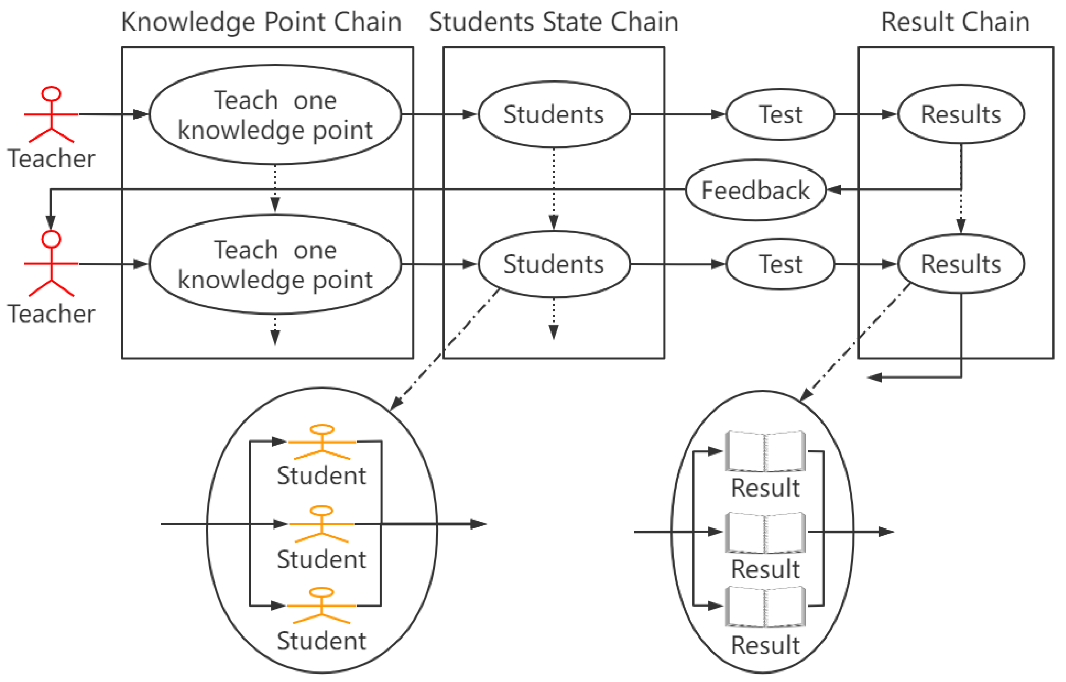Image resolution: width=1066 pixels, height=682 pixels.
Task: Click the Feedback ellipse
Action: click(755, 190)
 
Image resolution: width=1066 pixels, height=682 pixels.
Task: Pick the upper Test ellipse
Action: click(780, 114)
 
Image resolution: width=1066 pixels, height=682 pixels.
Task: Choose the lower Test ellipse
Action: click(780, 264)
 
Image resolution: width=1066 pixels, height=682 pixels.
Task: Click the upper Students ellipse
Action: click(553, 114)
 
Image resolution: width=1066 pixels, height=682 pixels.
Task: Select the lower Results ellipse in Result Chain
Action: click(961, 264)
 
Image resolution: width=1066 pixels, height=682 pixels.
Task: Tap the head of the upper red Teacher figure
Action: click(51, 94)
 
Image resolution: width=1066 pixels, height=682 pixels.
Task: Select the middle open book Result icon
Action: click(765, 533)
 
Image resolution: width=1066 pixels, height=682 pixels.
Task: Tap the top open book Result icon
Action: click(765, 452)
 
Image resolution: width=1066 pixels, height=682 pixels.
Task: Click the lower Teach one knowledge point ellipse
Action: click(275, 264)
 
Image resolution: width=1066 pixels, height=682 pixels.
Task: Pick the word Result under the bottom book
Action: click(765, 645)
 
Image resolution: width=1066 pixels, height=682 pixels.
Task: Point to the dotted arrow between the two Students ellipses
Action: click(553, 188)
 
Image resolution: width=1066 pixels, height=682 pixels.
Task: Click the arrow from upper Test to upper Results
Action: click(865, 114)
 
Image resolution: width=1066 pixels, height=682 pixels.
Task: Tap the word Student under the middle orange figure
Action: click(322, 559)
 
